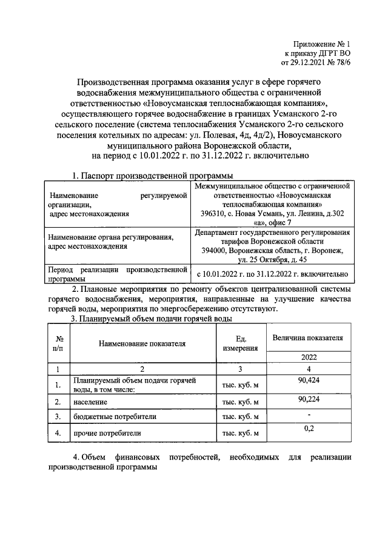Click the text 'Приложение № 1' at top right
click(x=322, y=44)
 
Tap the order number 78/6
click(x=341, y=61)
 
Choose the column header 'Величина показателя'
click(x=308, y=337)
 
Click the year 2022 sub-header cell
click(x=308, y=357)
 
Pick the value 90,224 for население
click(x=308, y=398)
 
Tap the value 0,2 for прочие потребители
click(x=308, y=428)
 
